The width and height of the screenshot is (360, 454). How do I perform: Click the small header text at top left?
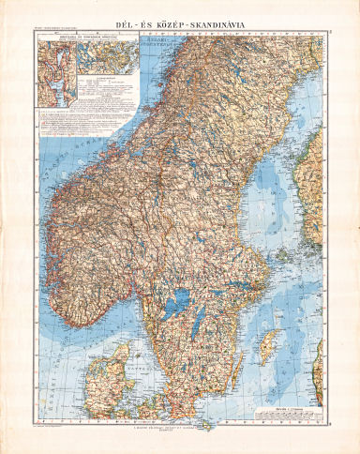56,27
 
